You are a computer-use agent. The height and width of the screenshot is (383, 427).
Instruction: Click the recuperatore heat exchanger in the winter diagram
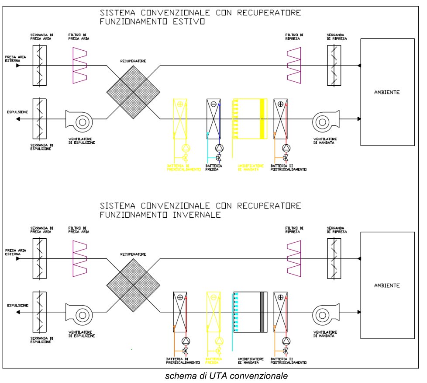[134, 285]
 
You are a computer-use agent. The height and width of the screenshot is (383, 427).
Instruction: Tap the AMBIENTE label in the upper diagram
[387, 92]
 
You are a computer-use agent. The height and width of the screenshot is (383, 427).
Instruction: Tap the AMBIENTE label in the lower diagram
[387, 286]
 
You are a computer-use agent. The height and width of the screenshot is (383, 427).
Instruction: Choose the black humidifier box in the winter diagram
[250, 312]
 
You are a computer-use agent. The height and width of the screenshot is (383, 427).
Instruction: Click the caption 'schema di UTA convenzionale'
[226, 376]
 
